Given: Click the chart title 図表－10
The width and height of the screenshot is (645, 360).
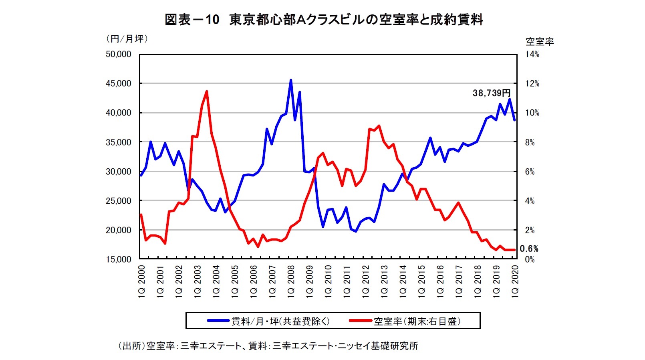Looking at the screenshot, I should coord(192,20).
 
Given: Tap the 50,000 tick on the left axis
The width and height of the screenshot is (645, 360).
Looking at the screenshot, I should coord(118,54).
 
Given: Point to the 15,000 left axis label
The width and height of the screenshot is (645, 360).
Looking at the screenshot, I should coord(118,259).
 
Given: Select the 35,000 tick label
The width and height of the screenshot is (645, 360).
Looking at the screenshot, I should coord(118,142).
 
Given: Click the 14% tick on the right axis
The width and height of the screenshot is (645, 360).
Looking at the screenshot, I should coord(532,54).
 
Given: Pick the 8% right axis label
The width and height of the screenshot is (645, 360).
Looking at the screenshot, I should coord(530,142).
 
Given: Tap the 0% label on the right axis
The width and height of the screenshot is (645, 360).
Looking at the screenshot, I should coord(530,259).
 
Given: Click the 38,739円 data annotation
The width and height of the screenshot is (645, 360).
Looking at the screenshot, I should coord(492,93).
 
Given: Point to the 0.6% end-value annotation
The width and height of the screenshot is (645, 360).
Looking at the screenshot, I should coord(529,249).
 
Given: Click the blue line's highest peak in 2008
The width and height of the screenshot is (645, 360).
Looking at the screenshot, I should coord(291,80).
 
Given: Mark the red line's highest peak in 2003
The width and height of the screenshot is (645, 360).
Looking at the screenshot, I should coord(207,91).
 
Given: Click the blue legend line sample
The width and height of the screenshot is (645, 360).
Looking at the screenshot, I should coord(218,321).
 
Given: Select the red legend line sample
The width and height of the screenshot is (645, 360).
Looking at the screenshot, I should coord(360,321).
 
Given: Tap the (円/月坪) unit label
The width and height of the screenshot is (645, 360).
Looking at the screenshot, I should coord(127,38).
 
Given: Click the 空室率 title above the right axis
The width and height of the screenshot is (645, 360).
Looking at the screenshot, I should coord(539,41).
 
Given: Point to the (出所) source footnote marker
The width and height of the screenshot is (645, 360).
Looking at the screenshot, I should coord(131,346).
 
